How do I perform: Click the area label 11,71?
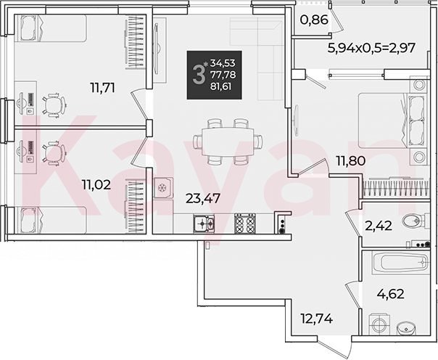pyautogui.click(x=103, y=88)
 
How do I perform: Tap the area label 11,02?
pyautogui.click(x=96, y=184)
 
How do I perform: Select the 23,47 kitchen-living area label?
pyautogui.click(x=203, y=198)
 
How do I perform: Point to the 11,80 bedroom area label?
pyautogui.click(x=351, y=160)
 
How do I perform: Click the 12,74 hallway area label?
pyautogui.click(x=317, y=318)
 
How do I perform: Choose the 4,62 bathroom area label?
pyautogui.click(x=391, y=294)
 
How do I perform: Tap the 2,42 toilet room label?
pyautogui.click(x=379, y=226)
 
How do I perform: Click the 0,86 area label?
pyautogui.click(x=314, y=20)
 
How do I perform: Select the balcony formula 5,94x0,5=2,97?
pyautogui.click(x=371, y=48)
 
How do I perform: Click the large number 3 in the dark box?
pyautogui.click(x=199, y=75)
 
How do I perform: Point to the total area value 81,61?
pyautogui.click(x=221, y=86)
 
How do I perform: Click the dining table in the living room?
pyautogui.click(x=228, y=142)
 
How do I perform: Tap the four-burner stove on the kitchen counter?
pyautogui.click(x=245, y=224)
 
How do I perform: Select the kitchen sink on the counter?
pyautogui.click(x=204, y=224)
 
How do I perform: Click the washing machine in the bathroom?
pyautogui.click(x=380, y=324)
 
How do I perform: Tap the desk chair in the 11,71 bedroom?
pyautogui.click(x=54, y=105)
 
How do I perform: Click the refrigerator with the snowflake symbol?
pyautogui.click(x=163, y=187)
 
